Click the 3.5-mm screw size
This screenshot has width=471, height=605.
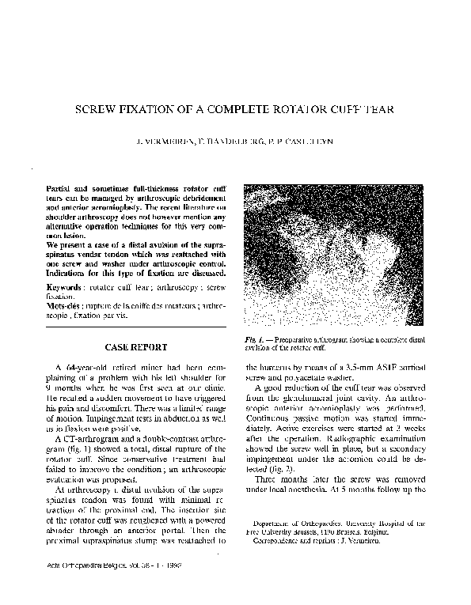click(340, 369)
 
